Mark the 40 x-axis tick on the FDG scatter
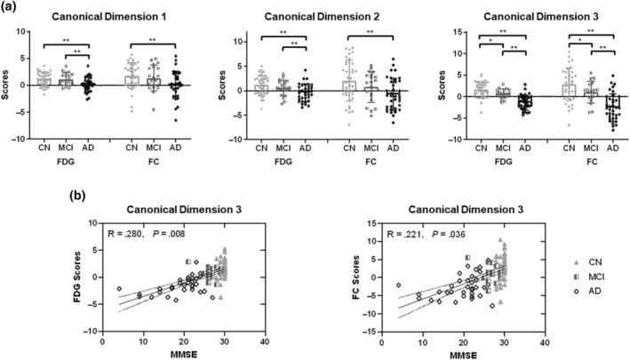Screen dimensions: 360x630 (x=265, y=340)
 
